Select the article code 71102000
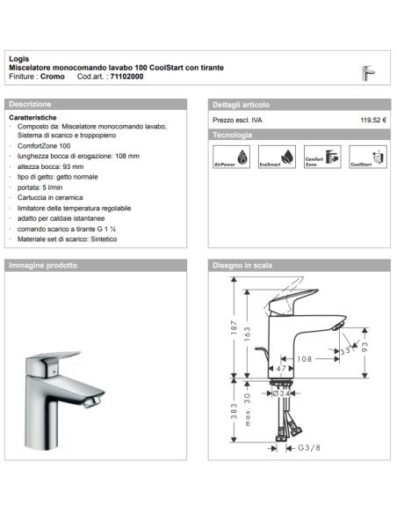(x=127, y=77)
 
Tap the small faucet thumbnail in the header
(x=370, y=74)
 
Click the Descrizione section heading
(x=32, y=103)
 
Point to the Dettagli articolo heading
(x=242, y=103)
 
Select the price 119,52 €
(x=374, y=119)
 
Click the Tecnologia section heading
(x=233, y=135)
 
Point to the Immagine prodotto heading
(x=42, y=265)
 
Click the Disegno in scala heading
(x=242, y=265)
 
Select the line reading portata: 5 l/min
(x=40, y=187)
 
